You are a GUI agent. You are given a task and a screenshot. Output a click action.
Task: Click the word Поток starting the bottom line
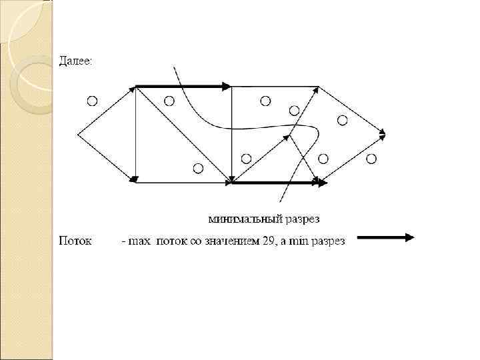pos(75,240)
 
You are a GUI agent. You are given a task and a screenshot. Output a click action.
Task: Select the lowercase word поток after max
pos(172,241)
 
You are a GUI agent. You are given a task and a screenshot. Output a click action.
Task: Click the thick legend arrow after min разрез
pos(385,237)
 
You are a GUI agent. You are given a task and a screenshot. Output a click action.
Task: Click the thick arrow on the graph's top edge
pos(183,86)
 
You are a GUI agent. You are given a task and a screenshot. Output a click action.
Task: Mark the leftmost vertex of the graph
pos(79,134)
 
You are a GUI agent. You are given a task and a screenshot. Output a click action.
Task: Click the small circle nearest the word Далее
pos(92,101)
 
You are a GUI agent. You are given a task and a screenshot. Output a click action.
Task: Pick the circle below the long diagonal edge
pos(197,168)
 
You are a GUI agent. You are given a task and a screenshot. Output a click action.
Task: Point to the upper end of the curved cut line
pos(174,68)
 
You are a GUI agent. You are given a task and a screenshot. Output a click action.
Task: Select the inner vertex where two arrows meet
pos(289,135)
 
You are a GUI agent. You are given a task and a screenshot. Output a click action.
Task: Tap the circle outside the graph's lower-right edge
pos(371,158)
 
